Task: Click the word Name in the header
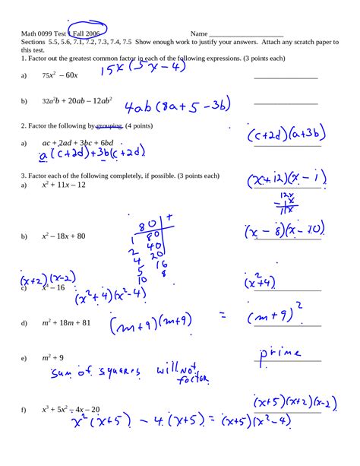tap(198, 34)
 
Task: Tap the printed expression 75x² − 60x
tap(60, 75)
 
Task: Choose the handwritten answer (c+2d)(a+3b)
tap(286, 135)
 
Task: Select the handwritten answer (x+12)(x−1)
tap(285, 181)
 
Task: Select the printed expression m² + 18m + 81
tap(66, 322)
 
